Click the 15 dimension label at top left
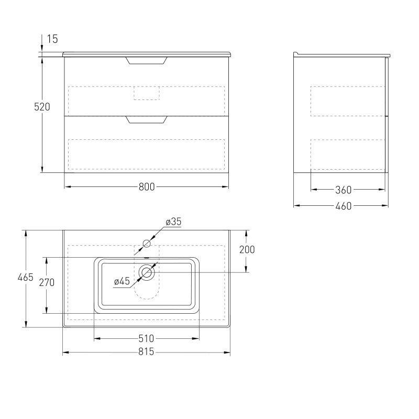point(53,39)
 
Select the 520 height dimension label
point(42,107)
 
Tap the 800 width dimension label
point(147,187)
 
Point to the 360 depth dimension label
point(344,190)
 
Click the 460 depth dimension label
point(344,206)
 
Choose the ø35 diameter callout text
point(173,222)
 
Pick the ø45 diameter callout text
point(122,281)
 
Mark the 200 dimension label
point(247,250)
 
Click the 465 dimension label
point(25,278)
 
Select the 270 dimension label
point(47,282)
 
